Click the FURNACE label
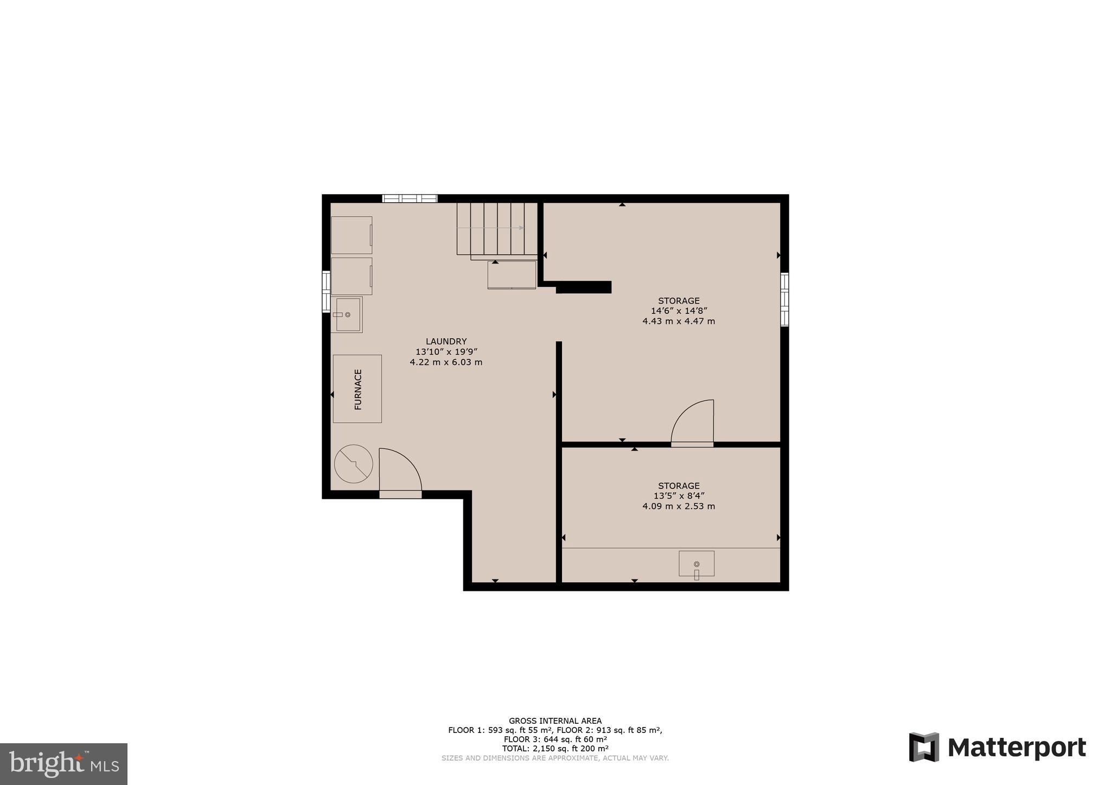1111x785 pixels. [358, 389]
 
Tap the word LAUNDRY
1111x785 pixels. [446, 342]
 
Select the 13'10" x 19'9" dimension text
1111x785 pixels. [446, 352]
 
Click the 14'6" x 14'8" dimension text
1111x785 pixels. [679, 311]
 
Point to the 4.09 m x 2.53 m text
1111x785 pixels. [679, 506]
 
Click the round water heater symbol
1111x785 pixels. [354, 464]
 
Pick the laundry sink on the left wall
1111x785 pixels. [347, 314]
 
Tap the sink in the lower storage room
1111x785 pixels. [697, 564]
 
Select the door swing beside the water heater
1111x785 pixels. [400, 471]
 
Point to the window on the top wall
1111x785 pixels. [410, 198]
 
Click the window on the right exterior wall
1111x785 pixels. [784, 299]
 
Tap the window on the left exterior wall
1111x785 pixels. [326, 292]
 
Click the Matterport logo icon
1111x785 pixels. [924, 747]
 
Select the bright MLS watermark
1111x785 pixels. [63, 764]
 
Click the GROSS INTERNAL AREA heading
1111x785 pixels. [555, 721]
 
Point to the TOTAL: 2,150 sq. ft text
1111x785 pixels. [555, 749]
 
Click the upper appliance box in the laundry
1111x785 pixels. [352, 235]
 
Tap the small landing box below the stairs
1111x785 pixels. [512, 275]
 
